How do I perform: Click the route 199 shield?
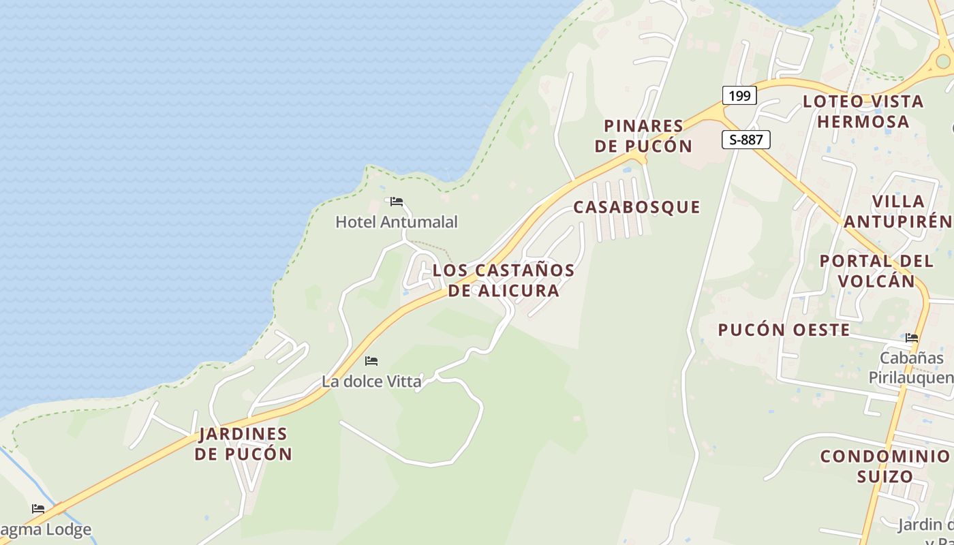point(739,95)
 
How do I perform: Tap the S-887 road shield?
point(745,140)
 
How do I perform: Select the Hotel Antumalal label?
point(397,221)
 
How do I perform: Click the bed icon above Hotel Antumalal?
point(397,202)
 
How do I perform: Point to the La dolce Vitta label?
point(371,381)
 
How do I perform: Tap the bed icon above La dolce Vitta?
point(371,360)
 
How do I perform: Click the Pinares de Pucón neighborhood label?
point(643,136)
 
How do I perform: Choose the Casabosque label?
point(636,207)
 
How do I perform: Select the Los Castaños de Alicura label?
point(504,280)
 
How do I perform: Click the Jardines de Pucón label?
point(243,443)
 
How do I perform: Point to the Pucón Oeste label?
point(784,330)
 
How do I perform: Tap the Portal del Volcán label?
point(876,270)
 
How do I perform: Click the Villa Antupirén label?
point(898,211)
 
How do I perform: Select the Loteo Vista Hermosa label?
point(863,111)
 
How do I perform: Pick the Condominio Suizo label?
point(884,466)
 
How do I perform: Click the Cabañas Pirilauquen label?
point(910,368)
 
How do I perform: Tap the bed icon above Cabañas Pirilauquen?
point(912,338)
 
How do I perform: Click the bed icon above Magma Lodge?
point(38,508)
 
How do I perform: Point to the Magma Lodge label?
point(45,529)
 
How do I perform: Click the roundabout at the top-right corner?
point(943,61)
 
